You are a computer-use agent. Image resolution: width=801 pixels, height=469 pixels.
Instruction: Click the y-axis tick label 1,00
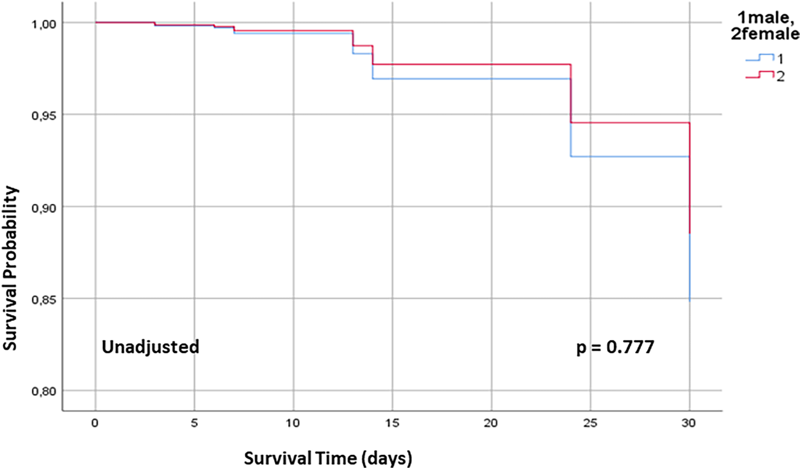[43, 24]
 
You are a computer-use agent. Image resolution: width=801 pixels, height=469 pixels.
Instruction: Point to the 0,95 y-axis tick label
[43, 116]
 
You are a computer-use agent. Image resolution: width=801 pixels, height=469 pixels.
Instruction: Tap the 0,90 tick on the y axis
[43, 208]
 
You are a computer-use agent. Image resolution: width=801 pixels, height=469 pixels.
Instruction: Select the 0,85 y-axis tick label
[43, 300]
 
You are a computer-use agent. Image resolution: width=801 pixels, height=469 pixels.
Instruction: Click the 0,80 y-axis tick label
[43, 392]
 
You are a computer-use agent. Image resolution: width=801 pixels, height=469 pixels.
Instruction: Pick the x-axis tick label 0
[95, 423]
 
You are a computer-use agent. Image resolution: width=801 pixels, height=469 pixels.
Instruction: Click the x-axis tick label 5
[194, 423]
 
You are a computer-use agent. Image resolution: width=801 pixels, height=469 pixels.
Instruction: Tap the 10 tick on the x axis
[293, 423]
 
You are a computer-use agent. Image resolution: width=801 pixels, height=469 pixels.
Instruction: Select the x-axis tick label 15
[392, 423]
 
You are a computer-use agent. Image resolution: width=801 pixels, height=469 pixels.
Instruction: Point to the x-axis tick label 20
[491, 423]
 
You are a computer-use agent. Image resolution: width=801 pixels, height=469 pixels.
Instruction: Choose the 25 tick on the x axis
[590, 423]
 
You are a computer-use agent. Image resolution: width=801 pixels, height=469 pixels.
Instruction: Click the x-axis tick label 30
[689, 423]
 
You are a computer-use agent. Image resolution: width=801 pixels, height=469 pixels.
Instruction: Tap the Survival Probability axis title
[10, 268]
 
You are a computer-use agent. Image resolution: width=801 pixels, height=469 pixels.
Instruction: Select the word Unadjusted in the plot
[150, 347]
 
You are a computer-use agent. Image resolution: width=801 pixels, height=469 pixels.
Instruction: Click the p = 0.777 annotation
[615, 347]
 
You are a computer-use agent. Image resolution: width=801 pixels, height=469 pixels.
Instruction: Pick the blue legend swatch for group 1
[759, 58]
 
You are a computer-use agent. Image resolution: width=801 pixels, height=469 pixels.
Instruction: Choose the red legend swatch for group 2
[759, 75]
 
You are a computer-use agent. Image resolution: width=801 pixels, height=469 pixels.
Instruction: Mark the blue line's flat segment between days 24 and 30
[629, 157]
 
